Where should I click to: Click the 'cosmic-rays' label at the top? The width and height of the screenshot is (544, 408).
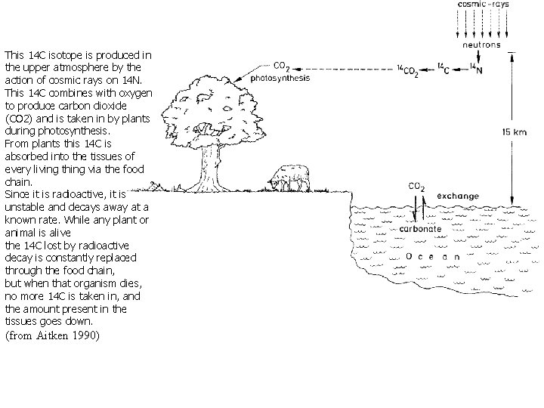pos(484,5)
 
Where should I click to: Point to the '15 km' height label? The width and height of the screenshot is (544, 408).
pos(514,131)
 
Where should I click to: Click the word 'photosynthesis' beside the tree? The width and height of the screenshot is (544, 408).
pos(279,77)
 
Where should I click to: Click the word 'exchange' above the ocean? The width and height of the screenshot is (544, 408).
pos(457,196)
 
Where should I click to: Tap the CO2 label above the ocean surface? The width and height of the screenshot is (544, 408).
pos(416,187)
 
